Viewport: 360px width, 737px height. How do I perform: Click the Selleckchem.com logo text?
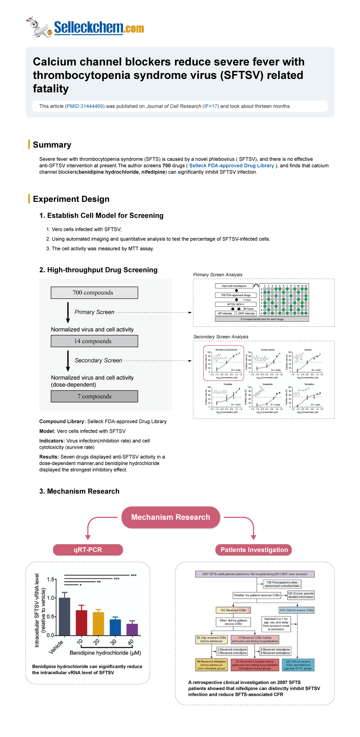tap(99, 28)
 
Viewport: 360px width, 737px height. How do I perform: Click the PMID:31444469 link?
tap(85, 106)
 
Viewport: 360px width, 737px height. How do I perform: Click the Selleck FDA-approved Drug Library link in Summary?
tap(231, 166)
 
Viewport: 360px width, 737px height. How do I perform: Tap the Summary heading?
tap(52, 145)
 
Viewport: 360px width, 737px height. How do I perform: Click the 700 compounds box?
tap(94, 293)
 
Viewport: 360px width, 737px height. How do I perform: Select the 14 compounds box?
tap(94, 341)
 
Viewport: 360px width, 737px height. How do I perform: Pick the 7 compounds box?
tap(94, 396)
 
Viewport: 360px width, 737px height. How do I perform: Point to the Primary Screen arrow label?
tap(94, 312)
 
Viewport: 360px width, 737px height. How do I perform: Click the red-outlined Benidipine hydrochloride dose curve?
tap(224, 363)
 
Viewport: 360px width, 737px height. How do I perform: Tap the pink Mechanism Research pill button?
tap(171, 517)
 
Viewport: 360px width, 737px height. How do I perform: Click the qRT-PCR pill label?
tap(88, 550)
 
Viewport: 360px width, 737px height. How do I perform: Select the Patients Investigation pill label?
tap(254, 550)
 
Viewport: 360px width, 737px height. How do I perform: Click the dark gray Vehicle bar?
tap(65, 617)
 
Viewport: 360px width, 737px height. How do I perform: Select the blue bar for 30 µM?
tap(115, 627)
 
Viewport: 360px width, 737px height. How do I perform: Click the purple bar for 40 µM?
tap(132, 630)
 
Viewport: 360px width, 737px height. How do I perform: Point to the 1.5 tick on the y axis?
tap(51, 580)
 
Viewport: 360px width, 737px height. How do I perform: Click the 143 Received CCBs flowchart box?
tap(233, 610)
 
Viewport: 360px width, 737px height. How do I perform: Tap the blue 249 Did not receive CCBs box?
tap(298, 665)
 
